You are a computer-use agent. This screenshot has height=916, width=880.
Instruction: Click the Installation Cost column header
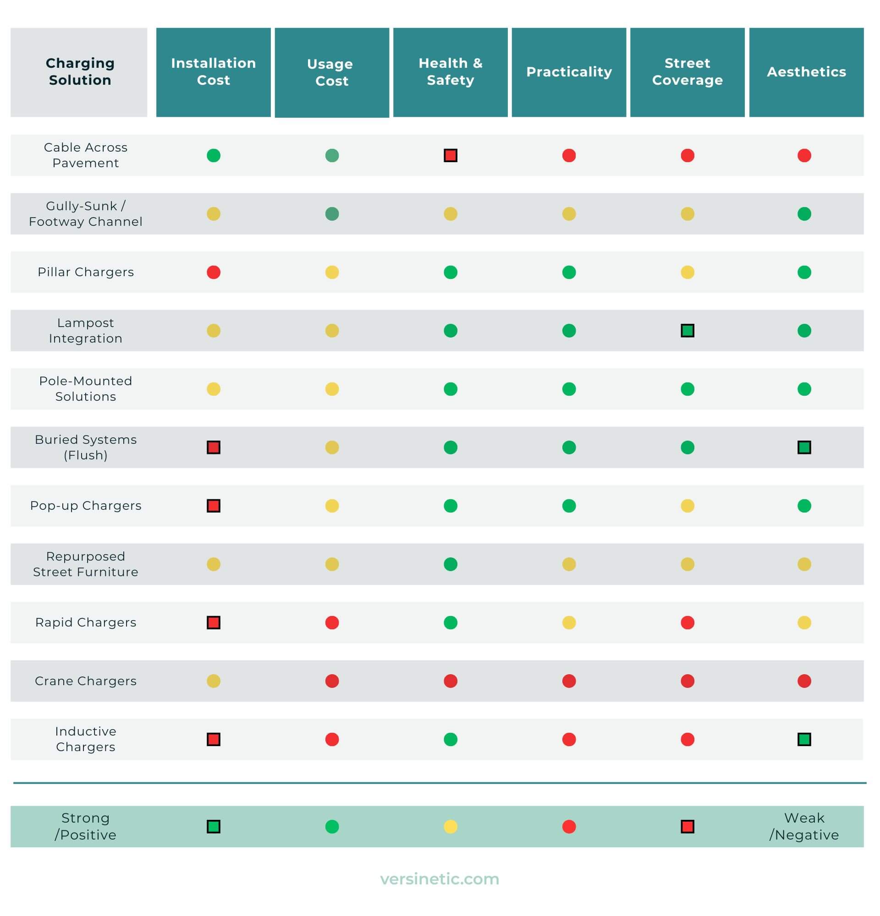(213, 71)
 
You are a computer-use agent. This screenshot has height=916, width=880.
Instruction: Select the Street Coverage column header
(687, 71)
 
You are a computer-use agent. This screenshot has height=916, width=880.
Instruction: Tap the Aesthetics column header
(806, 71)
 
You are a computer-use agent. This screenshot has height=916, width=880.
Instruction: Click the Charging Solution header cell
(80, 71)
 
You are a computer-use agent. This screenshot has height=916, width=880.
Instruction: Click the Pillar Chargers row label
(86, 272)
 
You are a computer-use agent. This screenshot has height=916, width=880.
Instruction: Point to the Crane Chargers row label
(86, 681)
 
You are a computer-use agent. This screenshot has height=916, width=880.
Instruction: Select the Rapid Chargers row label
(86, 622)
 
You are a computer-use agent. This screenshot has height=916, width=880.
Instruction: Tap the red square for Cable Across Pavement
(450, 155)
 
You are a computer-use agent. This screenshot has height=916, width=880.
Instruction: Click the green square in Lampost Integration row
(687, 330)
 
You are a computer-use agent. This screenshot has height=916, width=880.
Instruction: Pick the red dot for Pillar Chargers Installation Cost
(213, 272)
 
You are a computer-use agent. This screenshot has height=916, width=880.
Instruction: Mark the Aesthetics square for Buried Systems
(804, 447)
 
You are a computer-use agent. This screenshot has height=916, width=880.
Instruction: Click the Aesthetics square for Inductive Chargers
(804, 739)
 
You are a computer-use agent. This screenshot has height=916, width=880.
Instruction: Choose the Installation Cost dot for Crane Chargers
(213, 681)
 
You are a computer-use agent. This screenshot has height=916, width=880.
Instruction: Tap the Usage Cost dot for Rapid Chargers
(332, 622)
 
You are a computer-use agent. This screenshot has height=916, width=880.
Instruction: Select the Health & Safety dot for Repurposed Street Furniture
(450, 564)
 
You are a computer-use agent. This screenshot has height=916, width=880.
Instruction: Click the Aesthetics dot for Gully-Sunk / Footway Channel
(804, 213)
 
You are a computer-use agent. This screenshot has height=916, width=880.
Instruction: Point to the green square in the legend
(213, 827)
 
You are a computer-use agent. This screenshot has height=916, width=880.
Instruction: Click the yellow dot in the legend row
(450, 827)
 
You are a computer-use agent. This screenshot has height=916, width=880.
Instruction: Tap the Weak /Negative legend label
(804, 826)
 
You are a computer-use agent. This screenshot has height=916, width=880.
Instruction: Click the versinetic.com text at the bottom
(440, 879)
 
